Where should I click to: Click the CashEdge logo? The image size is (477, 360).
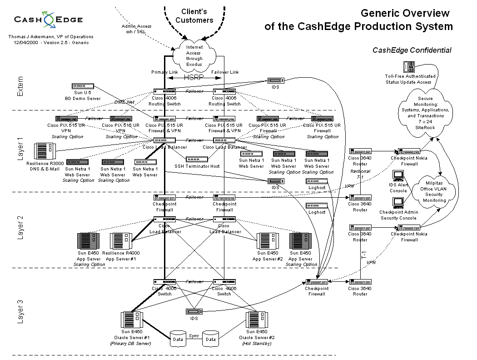(48, 20)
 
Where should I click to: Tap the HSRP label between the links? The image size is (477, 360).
(194, 78)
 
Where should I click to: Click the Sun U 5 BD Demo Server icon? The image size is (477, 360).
(83, 86)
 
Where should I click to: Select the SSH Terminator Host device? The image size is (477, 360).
(197, 159)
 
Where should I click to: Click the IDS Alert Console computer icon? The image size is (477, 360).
(398, 175)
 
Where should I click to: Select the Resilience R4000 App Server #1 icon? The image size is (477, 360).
(121, 240)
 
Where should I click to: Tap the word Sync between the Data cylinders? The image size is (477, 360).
(194, 335)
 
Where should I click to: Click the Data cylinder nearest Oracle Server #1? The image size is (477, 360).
(177, 339)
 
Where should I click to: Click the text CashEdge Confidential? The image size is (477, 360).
(412, 50)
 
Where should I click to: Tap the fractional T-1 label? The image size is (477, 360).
(360, 174)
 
